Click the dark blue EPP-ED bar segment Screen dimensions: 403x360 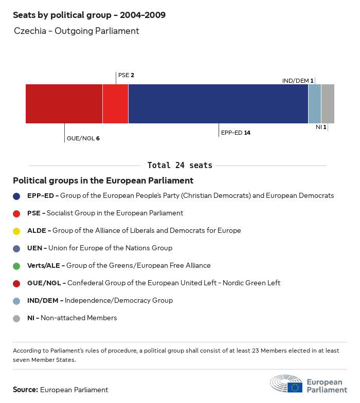pyautogui.click(x=218, y=104)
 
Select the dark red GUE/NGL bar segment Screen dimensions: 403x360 pyautogui.click(x=64, y=104)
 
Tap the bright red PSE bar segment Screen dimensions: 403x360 pyautogui.click(x=115, y=104)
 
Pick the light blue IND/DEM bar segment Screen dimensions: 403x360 pyautogui.click(x=314, y=104)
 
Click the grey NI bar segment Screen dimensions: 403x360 pyautogui.click(x=328, y=104)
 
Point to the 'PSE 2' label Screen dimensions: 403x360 pyautogui.click(x=126, y=75)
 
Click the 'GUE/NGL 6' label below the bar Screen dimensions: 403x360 pyautogui.click(x=83, y=138)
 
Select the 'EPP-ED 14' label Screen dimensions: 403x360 pyautogui.click(x=236, y=133)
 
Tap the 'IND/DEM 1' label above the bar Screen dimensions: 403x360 pyautogui.click(x=298, y=81)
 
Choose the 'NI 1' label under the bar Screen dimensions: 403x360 pyautogui.click(x=321, y=126)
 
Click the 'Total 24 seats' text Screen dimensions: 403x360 pyautogui.click(x=179, y=166)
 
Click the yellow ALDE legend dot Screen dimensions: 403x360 pyautogui.click(x=17, y=231)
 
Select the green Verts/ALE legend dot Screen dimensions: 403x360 pyautogui.click(x=17, y=266)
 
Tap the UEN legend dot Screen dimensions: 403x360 pyautogui.click(x=17, y=248)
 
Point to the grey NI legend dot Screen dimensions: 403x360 pyautogui.click(x=17, y=318)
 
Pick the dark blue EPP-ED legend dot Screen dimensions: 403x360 pyautogui.click(x=17, y=196)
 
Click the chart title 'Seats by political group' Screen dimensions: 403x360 pyautogui.click(x=89, y=15)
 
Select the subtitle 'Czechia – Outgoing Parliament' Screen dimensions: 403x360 pyautogui.click(x=77, y=31)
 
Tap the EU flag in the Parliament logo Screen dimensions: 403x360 pyautogui.click(x=295, y=387)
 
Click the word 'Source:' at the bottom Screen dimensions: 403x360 pyautogui.click(x=25, y=390)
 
